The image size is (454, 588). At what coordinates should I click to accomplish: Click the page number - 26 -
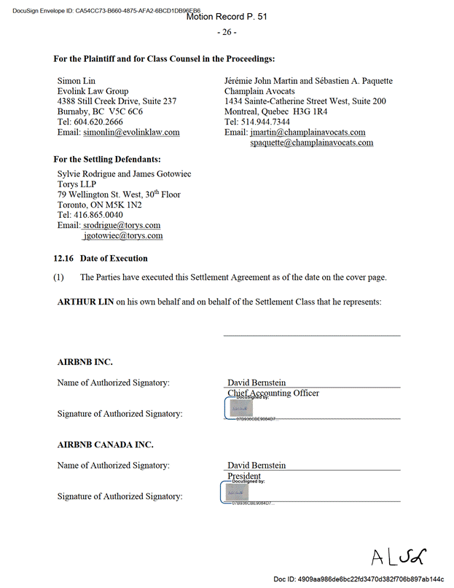(x=227, y=32)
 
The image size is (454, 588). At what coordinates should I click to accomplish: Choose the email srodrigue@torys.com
(x=121, y=226)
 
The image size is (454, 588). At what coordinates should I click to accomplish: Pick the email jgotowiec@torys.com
(x=122, y=236)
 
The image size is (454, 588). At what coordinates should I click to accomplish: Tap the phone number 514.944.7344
(x=266, y=122)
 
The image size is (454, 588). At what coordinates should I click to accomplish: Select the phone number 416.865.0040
(x=98, y=216)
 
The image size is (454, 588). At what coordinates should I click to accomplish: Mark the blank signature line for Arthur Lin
(x=311, y=335)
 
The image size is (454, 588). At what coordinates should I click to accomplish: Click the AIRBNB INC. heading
(x=85, y=361)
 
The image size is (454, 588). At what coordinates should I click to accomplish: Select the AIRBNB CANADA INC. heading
(x=105, y=444)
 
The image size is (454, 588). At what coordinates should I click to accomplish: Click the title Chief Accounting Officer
(x=273, y=393)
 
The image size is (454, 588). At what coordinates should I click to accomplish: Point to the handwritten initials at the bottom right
(x=398, y=557)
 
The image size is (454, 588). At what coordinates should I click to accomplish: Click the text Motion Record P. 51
(x=227, y=16)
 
